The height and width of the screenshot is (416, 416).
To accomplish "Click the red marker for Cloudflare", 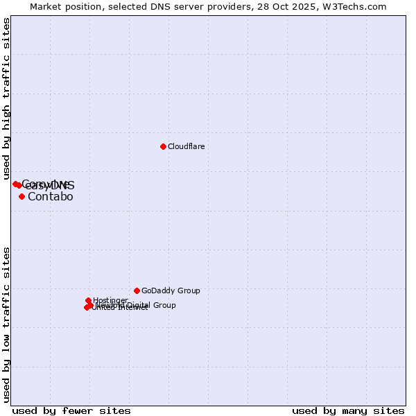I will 163,146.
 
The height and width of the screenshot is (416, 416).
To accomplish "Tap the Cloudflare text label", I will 187,147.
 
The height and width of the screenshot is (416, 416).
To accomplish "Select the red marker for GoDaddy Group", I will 137,291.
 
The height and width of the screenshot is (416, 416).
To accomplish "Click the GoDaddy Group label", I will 171,291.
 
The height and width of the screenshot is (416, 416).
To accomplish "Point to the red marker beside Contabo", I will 21,196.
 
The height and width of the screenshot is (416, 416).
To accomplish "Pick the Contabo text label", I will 51,197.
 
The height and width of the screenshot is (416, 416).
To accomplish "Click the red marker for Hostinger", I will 88,300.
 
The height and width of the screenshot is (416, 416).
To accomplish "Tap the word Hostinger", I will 110,300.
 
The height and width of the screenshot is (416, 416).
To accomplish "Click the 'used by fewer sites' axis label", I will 71,410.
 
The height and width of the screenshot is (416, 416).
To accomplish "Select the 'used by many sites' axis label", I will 348,410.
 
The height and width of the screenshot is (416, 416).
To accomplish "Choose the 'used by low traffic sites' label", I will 7,324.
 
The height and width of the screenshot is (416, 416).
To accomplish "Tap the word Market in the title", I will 46,6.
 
